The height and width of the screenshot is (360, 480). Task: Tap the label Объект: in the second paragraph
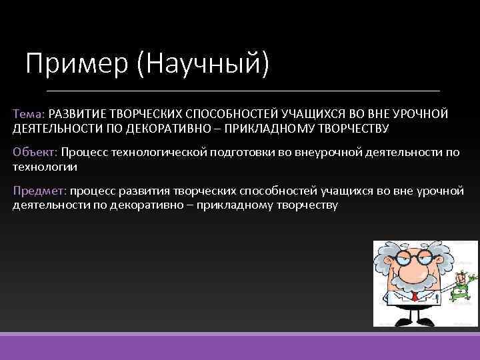(35, 153)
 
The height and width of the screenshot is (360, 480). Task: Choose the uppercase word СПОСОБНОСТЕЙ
(236, 114)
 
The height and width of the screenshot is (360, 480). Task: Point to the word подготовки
(237, 153)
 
